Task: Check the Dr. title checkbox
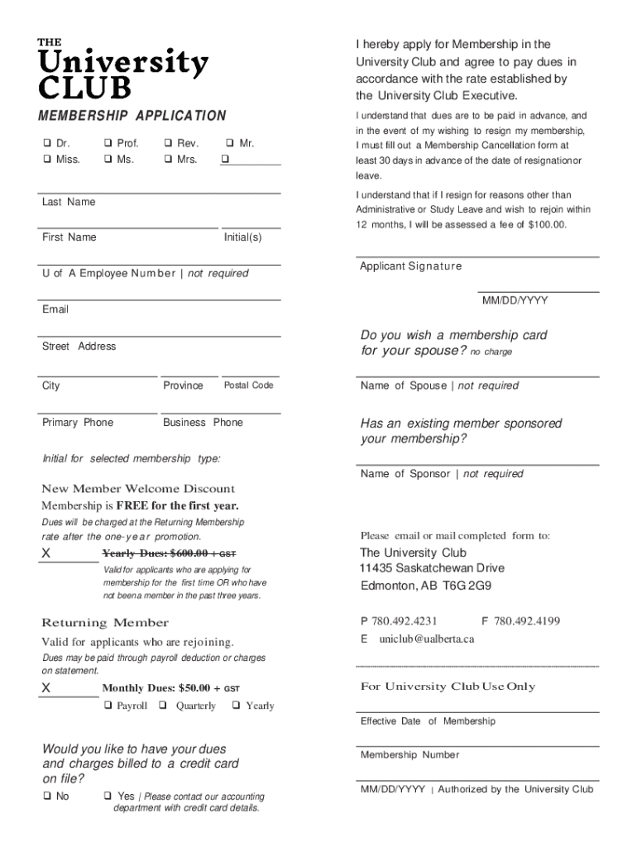(x=46, y=144)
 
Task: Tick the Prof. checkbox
(x=108, y=144)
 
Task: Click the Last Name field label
(x=69, y=203)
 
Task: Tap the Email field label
(x=55, y=309)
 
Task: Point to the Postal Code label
(x=248, y=385)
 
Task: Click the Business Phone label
(x=203, y=423)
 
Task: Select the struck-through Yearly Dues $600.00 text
(x=170, y=553)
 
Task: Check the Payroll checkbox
(x=108, y=706)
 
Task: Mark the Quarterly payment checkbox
(x=162, y=706)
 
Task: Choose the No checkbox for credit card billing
(x=46, y=796)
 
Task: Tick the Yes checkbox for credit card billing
(x=108, y=796)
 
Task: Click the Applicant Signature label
(x=410, y=266)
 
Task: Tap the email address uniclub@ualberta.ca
(x=426, y=639)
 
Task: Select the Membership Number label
(x=409, y=755)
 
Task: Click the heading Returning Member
(x=105, y=623)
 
